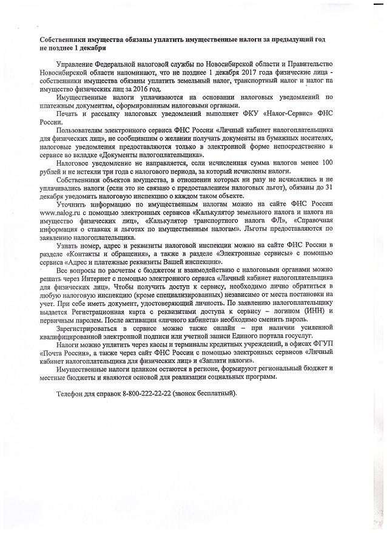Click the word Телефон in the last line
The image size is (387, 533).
pyautogui.click(x=72, y=393)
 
